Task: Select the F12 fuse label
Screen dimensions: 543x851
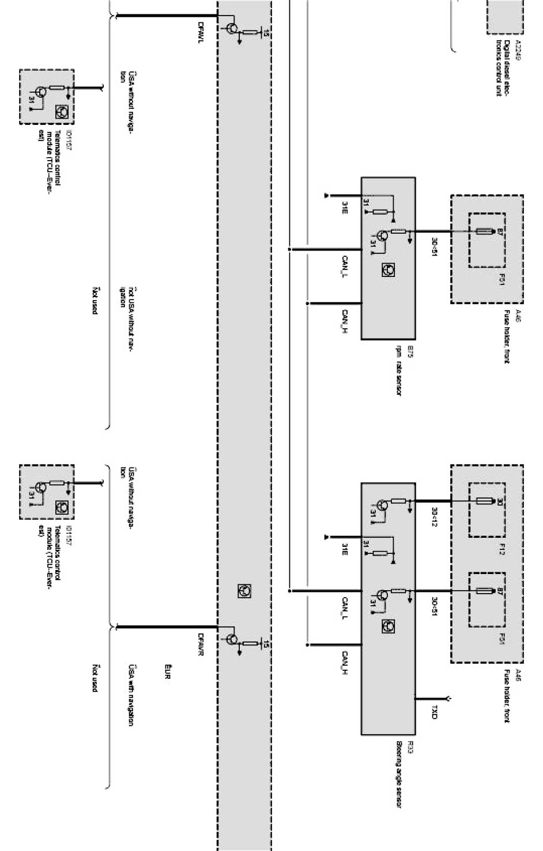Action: [x=502, y=549]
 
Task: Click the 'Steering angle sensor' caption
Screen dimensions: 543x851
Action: [x=398, y=775]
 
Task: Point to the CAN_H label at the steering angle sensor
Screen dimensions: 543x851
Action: [x=344, y=662]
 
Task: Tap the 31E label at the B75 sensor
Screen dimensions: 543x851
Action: [x=344, y=208]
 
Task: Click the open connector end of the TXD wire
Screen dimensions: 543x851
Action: [x=448, y=699]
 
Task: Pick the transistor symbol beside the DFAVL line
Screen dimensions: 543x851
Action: [x=232, y=28]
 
